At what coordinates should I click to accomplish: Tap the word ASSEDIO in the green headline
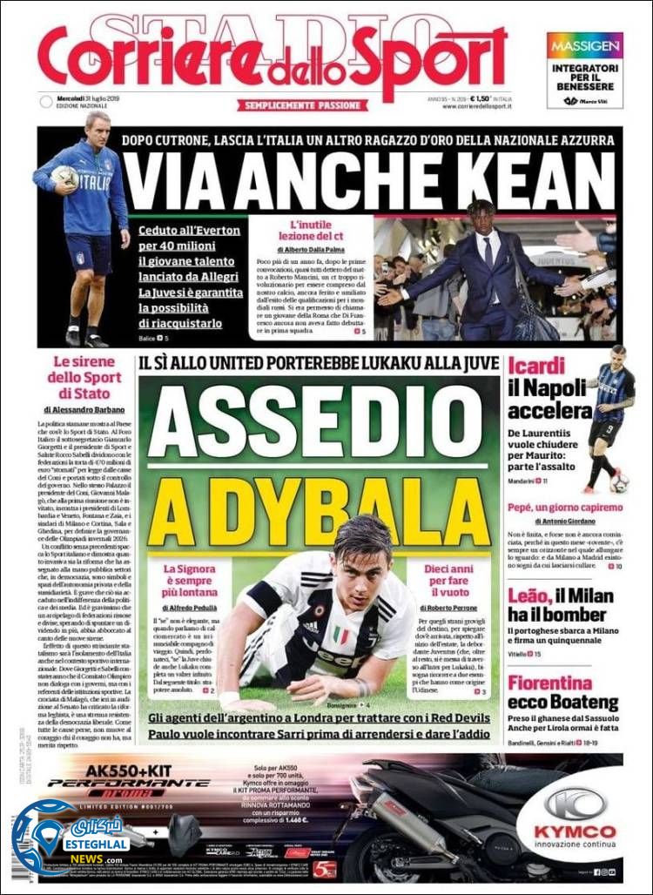coord(318,419)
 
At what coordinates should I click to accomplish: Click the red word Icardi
coord(536,367)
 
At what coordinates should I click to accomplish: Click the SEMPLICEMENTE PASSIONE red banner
coord(302,105)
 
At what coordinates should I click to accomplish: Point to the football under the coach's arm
coord(64,177)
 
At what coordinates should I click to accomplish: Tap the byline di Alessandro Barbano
coord(84,408)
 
